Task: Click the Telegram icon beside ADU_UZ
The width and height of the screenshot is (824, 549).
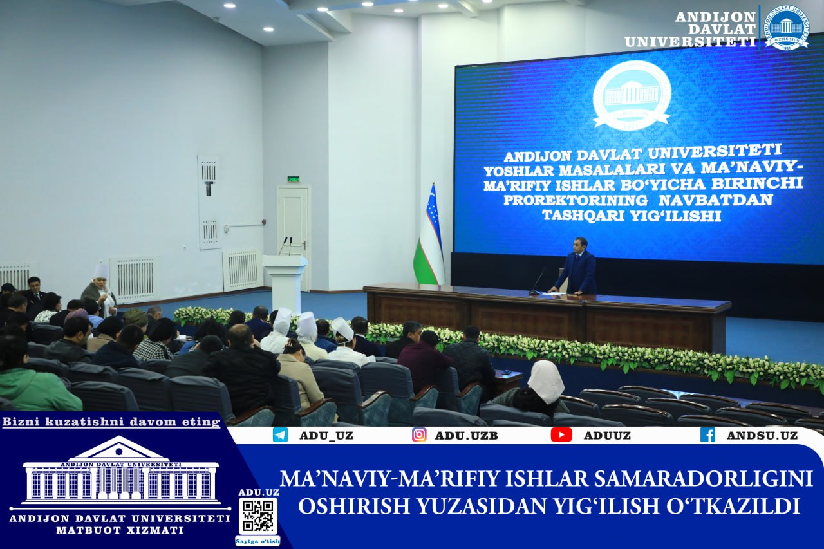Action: pos(280,435)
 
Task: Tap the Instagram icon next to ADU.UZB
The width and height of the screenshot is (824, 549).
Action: pos(419,434)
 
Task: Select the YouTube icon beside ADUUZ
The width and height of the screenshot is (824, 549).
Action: pos(561,434)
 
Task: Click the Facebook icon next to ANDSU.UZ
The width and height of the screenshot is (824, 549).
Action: pos(707,434)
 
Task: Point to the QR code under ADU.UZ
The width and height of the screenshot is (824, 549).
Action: pos(258,516)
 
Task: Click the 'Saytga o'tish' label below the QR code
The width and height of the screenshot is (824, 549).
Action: pos(257,541)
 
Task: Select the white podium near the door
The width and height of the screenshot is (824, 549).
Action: pos(285,277)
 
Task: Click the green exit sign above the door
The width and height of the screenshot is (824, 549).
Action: pos(293,179)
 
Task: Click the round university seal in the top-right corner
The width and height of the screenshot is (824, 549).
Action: pos(787,28)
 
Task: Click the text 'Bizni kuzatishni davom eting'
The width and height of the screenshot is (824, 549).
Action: pos(111,422)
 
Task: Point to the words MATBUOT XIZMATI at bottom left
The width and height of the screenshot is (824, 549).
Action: pos(120,530)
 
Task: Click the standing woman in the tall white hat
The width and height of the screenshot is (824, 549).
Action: pos(100,290)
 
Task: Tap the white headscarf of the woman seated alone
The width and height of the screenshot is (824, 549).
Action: pos(547,381)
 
